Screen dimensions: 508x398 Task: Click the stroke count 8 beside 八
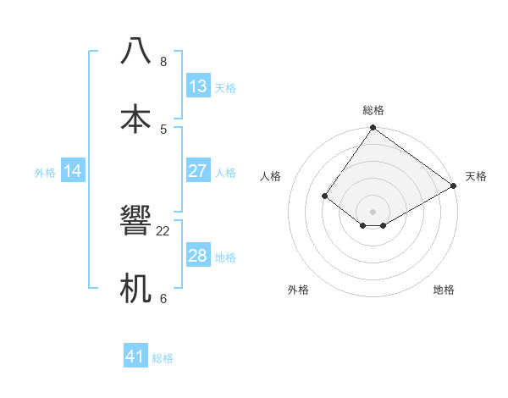click(x=163, y=62)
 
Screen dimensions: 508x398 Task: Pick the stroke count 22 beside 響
click(x=163, y=231)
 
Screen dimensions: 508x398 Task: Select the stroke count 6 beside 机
click(x=163, y=298)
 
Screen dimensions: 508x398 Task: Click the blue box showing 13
click(x=198, y=86)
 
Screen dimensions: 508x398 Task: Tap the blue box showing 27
click(x=198, y=171)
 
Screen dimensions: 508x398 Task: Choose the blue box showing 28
click(x=198, y=256)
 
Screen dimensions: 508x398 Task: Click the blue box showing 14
click(x=73, y=171)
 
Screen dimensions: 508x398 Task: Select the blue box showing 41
click(x=135, y=357)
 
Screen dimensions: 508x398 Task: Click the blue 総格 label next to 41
click(x=163, y=358)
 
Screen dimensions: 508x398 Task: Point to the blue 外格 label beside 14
click(x=45, y=173)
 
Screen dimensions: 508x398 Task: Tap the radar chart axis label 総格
click(x=373, y=110)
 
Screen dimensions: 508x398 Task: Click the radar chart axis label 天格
click(x=476, y=176)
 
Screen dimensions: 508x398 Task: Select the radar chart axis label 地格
click(x=444, y=290)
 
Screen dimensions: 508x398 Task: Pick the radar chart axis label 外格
click(x=298, y=290)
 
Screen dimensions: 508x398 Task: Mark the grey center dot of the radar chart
click(x=373, y=211)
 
